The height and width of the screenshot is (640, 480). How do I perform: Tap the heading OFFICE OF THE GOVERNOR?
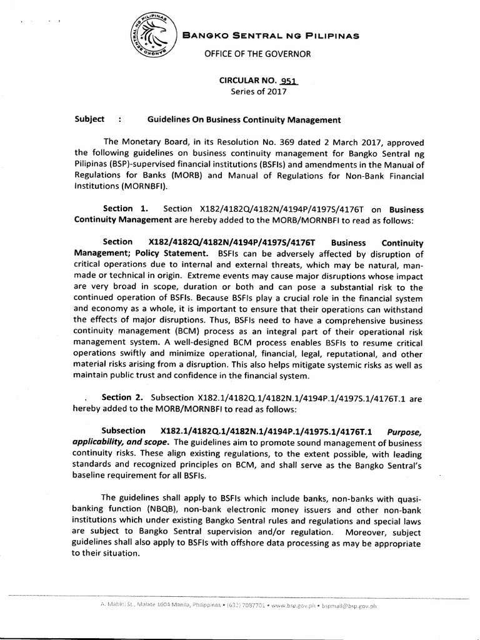coord(254,54)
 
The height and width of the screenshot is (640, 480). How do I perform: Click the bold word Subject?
coord(87,119)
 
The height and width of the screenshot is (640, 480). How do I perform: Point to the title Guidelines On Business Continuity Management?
coord(244,119)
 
